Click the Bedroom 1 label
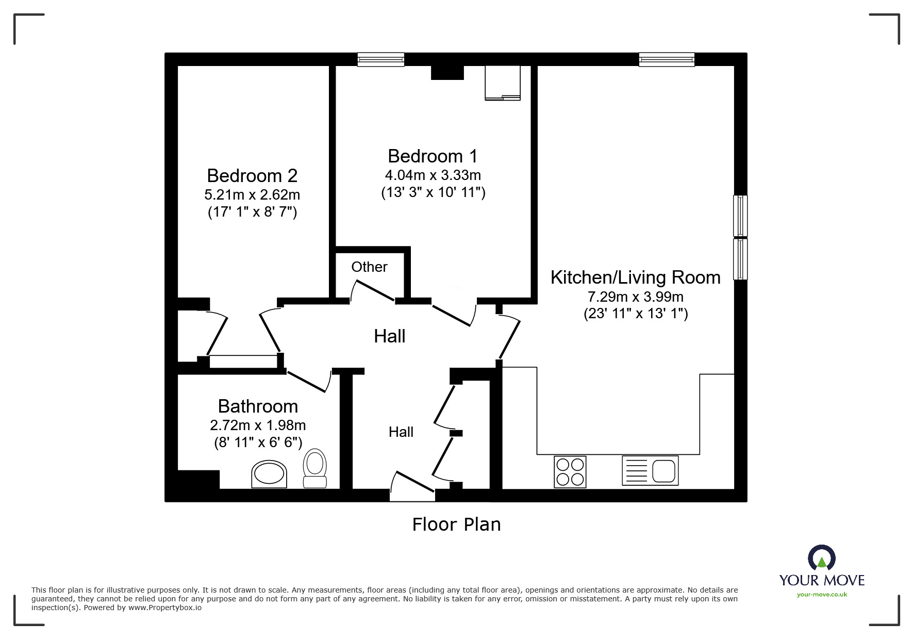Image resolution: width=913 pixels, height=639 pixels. coord(433,156)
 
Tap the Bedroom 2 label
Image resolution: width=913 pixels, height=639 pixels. coord(252,176)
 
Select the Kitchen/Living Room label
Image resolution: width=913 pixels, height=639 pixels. coord(635,277)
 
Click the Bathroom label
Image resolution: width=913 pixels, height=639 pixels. coord(258,406)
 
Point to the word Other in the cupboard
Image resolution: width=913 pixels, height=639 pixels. coord(369,267)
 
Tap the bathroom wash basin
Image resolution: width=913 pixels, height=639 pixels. coord(269,474)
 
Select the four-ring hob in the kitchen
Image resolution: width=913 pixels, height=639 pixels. coord(570,471)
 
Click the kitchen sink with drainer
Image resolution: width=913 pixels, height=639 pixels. coord(650,470)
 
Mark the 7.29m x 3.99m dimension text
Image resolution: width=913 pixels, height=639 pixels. coord(635,297)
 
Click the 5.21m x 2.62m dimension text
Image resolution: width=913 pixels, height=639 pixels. coord(252,195)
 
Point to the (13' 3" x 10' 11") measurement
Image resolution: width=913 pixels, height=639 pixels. coord(433,192)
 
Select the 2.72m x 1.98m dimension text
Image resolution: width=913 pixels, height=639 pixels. coord(258,425)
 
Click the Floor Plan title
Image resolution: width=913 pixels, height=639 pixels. coord(456,525)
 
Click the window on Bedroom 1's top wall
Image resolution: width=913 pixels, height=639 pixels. coord(381,60)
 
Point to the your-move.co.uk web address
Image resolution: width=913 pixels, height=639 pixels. coord(822,595)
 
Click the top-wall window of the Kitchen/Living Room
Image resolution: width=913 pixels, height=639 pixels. coord(666,60)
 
